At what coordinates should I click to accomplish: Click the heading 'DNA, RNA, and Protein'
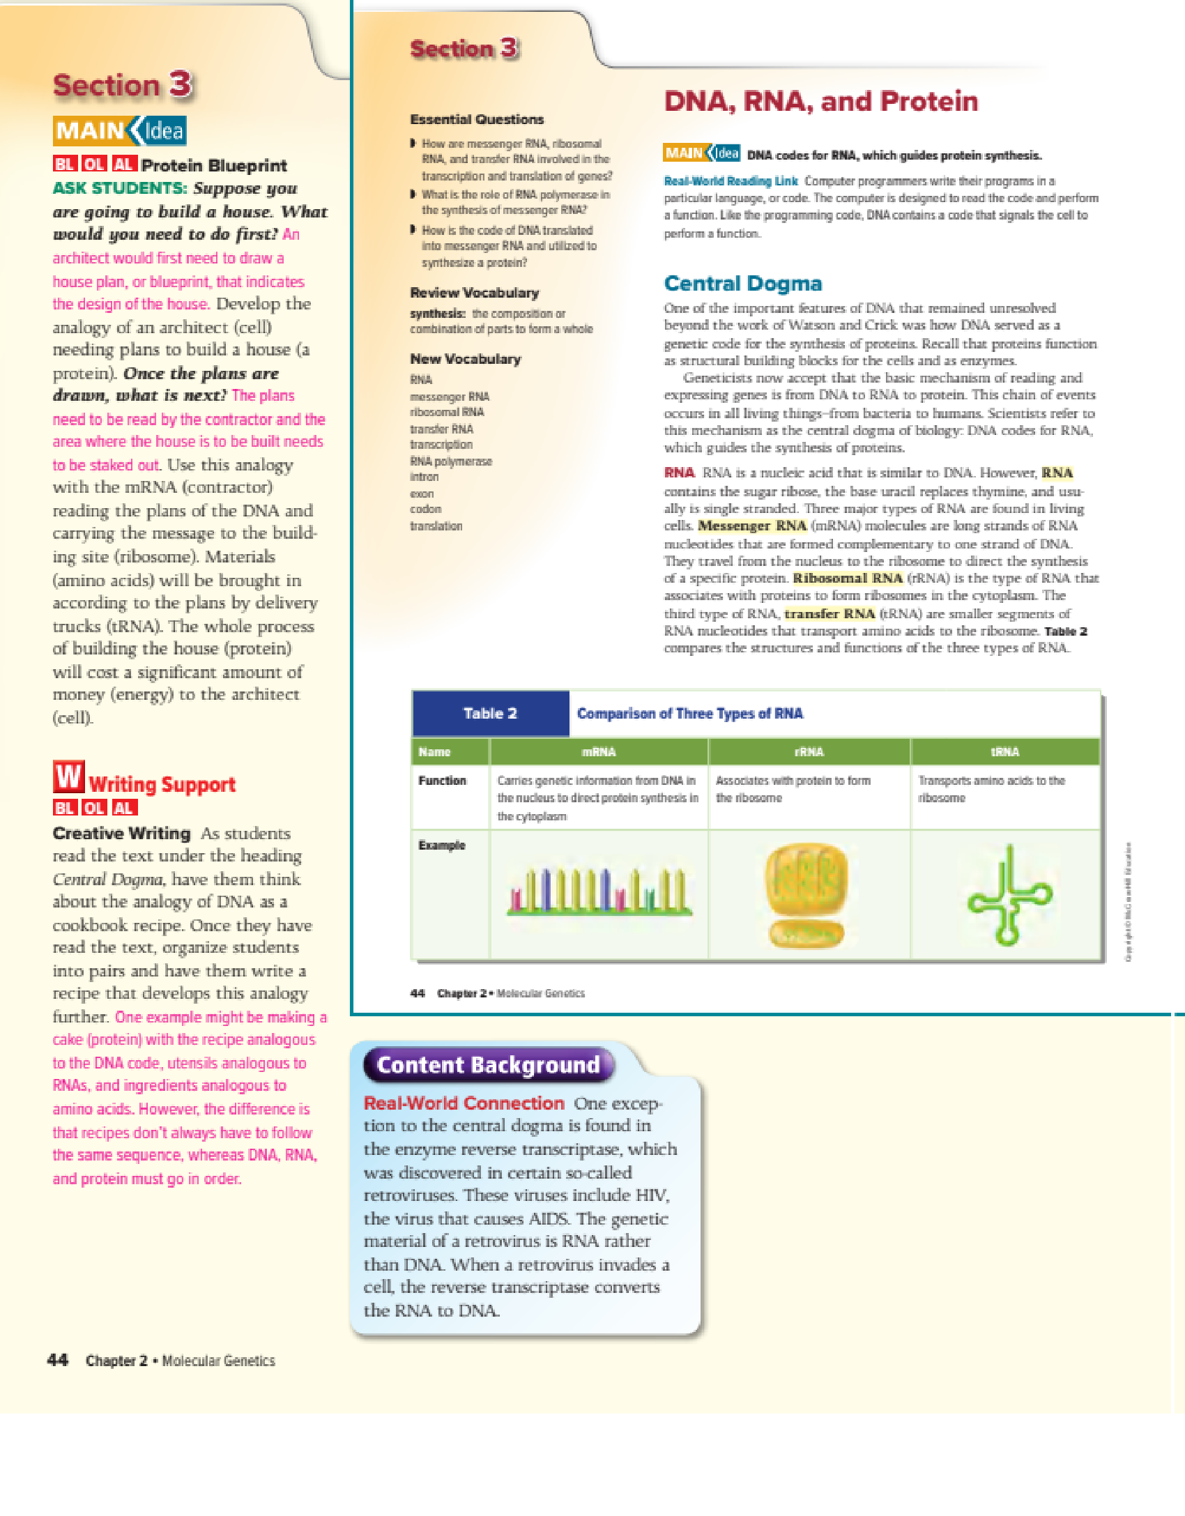(820, 102)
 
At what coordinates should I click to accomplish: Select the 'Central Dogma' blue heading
(742, 284)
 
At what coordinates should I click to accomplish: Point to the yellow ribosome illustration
(806, 895)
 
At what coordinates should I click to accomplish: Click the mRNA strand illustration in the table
(599, 892)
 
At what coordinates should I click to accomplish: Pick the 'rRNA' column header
(809, 752)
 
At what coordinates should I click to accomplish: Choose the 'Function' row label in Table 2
(442, 781)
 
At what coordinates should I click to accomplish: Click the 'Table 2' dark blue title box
(491, 714)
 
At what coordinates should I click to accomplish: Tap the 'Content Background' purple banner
(488, 1065)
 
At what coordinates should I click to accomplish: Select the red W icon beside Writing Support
(68, 776)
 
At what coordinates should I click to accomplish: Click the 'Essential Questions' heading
(477, 119)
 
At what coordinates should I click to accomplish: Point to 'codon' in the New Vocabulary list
(425, 510)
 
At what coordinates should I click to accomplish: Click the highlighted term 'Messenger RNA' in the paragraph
(752, 526)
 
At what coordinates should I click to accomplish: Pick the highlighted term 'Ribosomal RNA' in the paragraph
(848, 579)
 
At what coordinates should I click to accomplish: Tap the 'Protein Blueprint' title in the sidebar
(214, 165)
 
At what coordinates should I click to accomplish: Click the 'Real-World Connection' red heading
(464, 1103)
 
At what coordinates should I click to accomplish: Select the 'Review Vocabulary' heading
(474, 293)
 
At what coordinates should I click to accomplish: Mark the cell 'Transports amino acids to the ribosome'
(991, 789)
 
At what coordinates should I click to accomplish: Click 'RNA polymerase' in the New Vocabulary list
(451, 461)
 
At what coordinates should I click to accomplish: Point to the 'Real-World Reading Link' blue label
(731, 181)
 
